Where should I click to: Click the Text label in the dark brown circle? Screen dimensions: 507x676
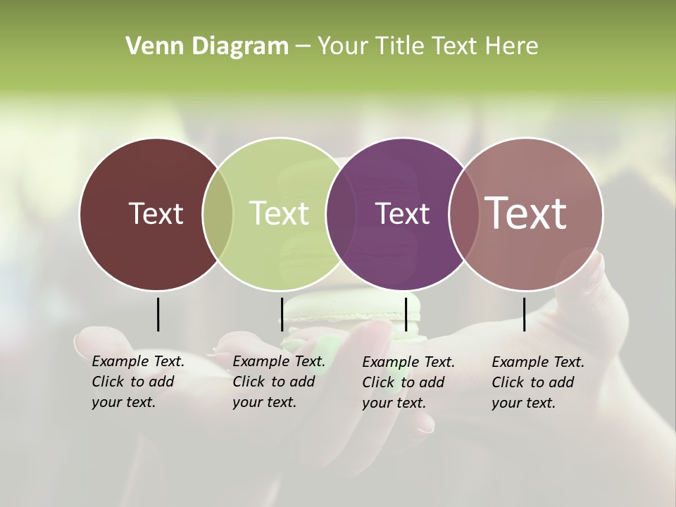coord(156,213)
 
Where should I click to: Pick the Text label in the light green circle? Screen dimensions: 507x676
coord(279,213)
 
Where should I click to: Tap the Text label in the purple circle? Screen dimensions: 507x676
coord(402,213)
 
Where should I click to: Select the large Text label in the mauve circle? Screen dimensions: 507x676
coord(525,213)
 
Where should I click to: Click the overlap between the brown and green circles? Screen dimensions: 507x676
coord(218,214)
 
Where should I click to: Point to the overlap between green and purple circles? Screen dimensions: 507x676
coord(339,214)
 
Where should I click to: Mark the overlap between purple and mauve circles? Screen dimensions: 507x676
coord(461,214)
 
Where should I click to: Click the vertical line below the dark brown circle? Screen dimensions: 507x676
coord(158,314)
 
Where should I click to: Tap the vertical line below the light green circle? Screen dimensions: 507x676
coord(282,314)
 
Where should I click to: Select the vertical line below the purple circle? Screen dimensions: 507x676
coord(406,314)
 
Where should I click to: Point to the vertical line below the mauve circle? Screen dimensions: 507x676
coord(524,314)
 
